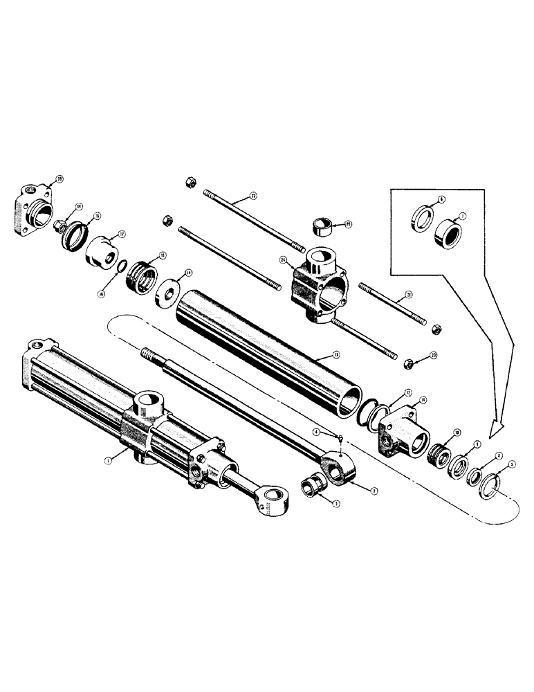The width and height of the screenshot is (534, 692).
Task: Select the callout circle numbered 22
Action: pyautogui.click(x=253, y=197)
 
